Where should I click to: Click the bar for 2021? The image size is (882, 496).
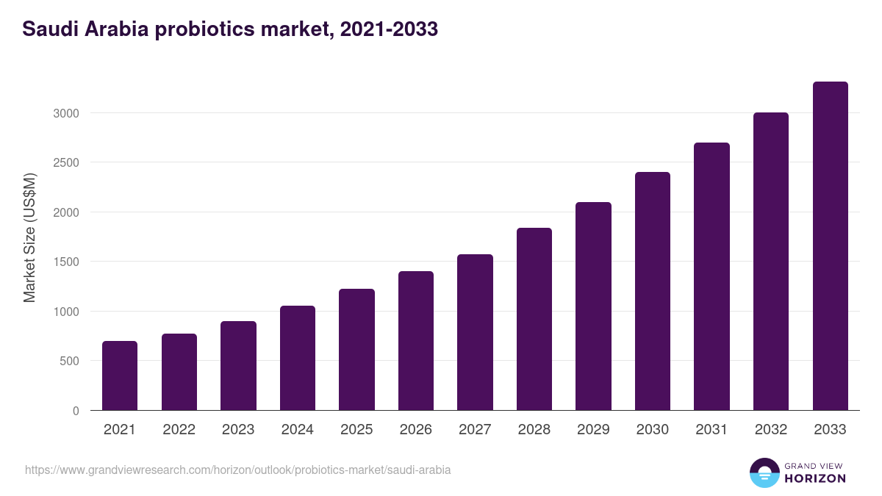click(x=120, y=375)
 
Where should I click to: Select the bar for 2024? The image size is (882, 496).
click(x=298, y=358)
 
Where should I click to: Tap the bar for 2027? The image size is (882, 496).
click(x=475, y=332)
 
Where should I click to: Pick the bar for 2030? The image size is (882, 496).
click(x=653, y=291)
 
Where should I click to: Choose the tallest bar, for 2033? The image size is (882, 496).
click(x=830, y=246)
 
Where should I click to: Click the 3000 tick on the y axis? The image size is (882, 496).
click(x=65, y=113)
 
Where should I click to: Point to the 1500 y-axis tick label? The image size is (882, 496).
click(x=65, y=262)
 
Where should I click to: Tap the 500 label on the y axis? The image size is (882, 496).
click(x=69, y=361)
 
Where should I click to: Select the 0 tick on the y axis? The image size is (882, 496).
click(x=76, y=411)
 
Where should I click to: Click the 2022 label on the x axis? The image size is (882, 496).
click(x=179, y=430)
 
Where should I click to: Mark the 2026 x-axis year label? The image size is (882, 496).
click(x=416, y=430)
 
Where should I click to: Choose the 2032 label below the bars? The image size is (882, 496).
click(x=771, y=430)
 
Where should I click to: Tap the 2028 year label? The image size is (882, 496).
click(x=534, y=430)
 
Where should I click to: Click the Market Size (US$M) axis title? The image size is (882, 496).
click(x=29, y=237)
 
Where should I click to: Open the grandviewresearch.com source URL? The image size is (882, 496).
click(x=238, y=470)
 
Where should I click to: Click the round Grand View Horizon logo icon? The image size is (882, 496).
click(x=764, y=472)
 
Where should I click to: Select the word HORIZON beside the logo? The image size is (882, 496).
click(x=815, y=478)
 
